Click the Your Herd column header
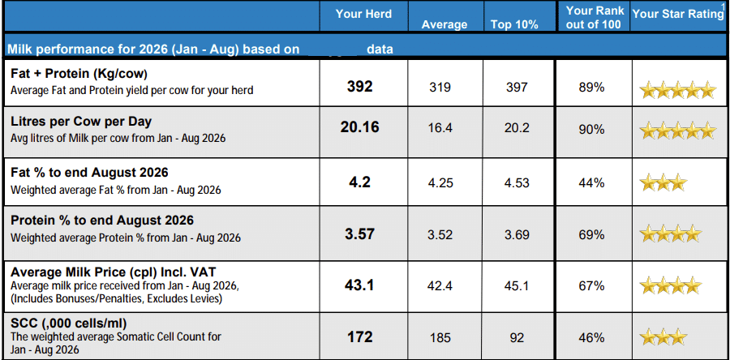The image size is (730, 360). point(363,15)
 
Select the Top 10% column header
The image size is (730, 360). point(514,24)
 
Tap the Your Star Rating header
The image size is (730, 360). point(678,14)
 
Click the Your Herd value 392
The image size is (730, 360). point(360,87)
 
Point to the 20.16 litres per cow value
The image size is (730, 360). point(360,127)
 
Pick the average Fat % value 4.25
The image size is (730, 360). point(440,182)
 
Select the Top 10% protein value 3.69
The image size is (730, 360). point(517,234)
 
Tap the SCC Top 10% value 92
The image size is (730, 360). point(517,337)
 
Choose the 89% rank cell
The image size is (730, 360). point(593,87)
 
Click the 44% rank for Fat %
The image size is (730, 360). point(593,182)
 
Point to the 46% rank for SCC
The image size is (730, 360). point(593,337)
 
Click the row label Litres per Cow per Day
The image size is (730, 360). point(81,122)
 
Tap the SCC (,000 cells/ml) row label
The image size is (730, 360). point(68,323)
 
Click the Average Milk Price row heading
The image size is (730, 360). point(114,272)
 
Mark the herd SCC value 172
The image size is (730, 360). point(360,336)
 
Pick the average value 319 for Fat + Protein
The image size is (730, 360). point(440,87)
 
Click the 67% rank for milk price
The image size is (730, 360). point(593,285)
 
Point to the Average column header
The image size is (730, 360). point(444,24)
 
